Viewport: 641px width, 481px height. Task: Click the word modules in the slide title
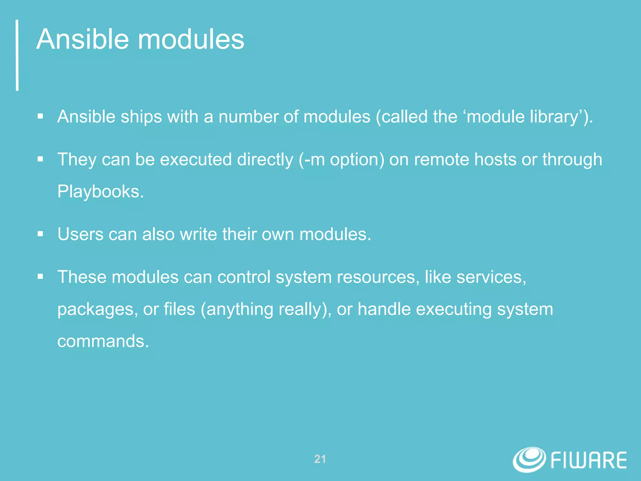click(x=191, y=39)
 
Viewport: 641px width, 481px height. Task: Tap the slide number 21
click(x=320, y=459)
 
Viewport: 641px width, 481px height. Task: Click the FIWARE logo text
click(x=588, y=460)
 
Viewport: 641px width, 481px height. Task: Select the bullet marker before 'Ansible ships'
click(x=40, y=117)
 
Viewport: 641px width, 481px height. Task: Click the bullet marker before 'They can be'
click(x=40, y=159)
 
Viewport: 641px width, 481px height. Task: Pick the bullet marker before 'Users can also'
click(x=40, y=234)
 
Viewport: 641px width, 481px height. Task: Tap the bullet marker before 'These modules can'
click(x=40, y=277)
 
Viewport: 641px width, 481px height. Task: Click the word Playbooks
click(x=100, y=191)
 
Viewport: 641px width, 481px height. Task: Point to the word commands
click(x=103, y=341)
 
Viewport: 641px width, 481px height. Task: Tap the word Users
click(x=80, y=234)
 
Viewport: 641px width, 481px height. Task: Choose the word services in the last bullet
click(x=491, y=277)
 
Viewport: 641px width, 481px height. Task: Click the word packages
click(x=97, y=309)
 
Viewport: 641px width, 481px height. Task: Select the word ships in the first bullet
click(x=141, y=117)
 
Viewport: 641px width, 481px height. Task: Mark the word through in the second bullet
click(x=572, y=159)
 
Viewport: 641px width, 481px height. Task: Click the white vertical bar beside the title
click(x=17, y=55)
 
